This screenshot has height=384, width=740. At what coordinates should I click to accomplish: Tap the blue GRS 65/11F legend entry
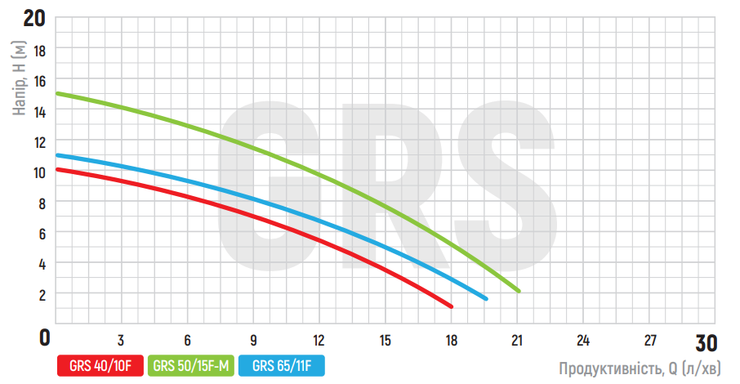(x=282, y=364)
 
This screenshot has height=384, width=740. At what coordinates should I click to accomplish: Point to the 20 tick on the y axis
(x=33, y=17)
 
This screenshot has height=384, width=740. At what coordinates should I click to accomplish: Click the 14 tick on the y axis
(x=39, y=111)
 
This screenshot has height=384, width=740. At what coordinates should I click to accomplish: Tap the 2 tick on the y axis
(x=42, y=294)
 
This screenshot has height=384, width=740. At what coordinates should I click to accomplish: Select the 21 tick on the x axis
(x=516, y=340)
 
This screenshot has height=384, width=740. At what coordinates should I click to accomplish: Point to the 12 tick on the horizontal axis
(x=319, y=340)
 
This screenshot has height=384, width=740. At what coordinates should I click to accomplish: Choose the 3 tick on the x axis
(x=121, y=340)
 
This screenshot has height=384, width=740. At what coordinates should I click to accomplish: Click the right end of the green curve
(x=519, y=290)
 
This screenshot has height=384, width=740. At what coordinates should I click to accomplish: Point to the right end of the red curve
(x=452, y=306)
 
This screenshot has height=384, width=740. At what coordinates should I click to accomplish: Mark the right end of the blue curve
(x=486, y=298)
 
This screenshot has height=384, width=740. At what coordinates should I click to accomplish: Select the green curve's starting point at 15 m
(x=57, y=94)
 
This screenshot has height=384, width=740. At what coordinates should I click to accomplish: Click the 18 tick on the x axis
(x=451, y=340)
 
